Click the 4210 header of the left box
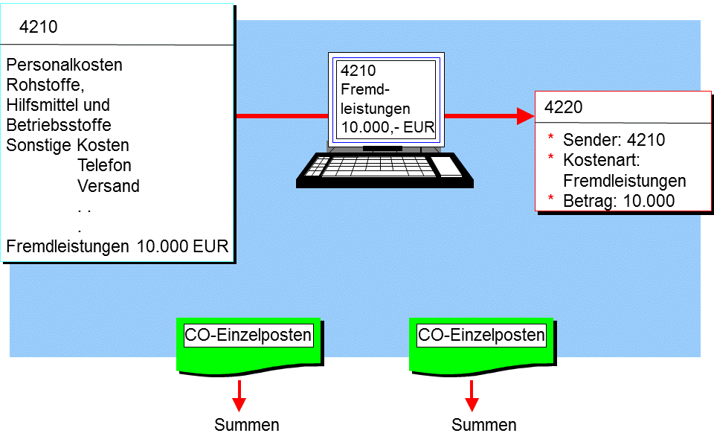38,27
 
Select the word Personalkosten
64,65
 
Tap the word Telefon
104,165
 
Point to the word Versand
109,186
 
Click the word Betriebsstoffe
59,125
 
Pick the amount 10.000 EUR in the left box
183,246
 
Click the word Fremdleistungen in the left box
68,246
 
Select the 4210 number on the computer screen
358,71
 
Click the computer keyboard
385,170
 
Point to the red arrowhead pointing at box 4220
526,115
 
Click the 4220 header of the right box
563,107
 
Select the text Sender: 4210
614,140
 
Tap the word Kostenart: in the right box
602,160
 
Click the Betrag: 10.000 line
619,201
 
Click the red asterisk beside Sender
550,137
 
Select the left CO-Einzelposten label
248,335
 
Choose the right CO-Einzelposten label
481,335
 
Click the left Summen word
247,425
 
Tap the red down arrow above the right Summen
472,396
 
